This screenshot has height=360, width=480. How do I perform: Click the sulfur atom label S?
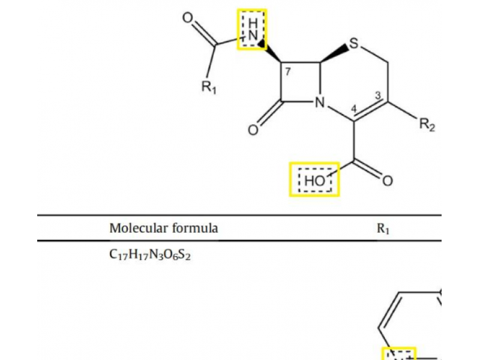click(355, 44)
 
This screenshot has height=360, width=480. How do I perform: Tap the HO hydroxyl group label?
click(314, 179)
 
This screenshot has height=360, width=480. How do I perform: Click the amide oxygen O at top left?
click(188, 17)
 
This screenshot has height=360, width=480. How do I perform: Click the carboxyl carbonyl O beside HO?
click(388, 180)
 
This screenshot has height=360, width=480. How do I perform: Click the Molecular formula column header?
click(163, 228)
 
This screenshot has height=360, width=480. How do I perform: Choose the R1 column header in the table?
click(383, 229)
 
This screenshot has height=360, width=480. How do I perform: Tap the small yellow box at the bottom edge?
click(399, 353)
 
